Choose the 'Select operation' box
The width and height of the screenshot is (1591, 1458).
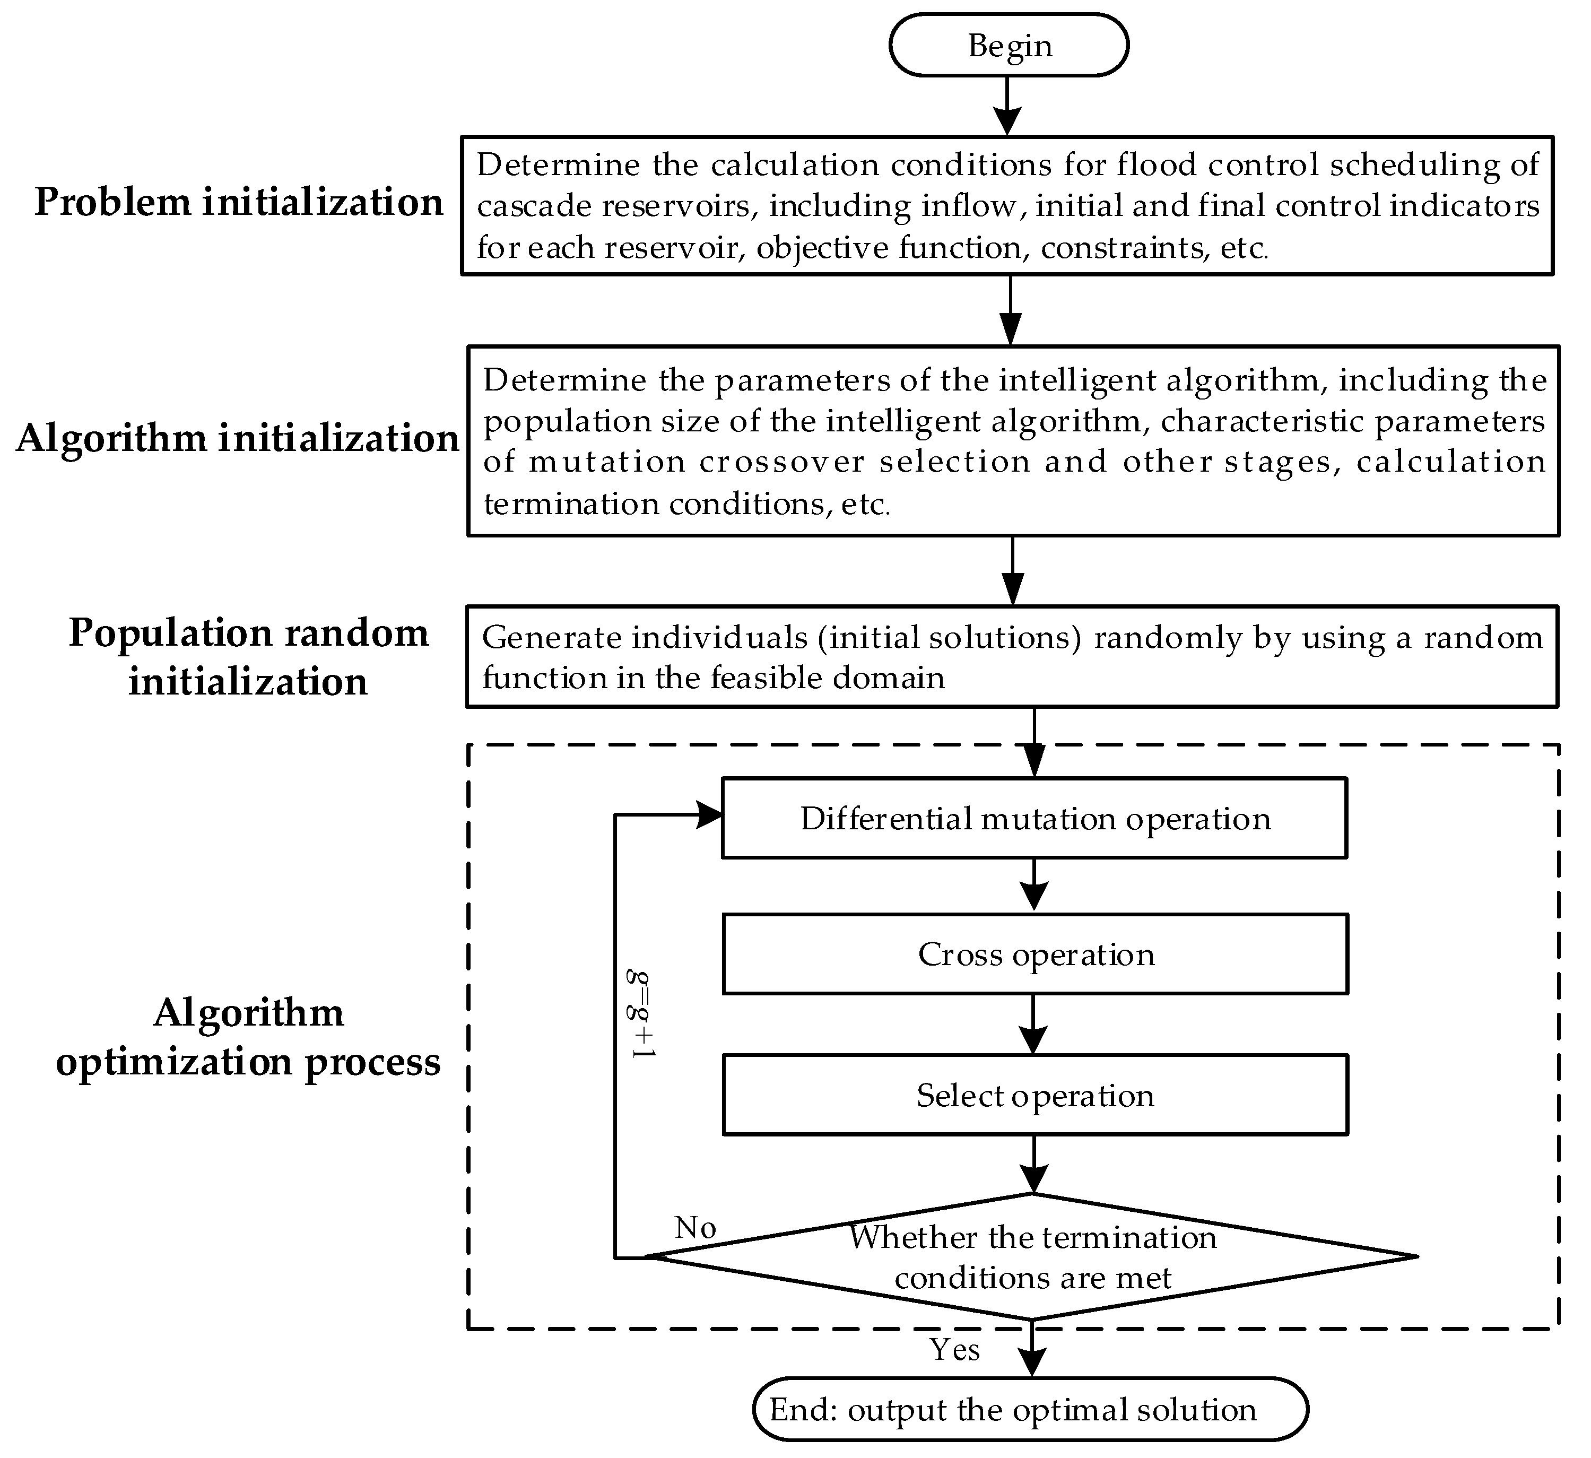pyautogui.click(x=1034, y=1096)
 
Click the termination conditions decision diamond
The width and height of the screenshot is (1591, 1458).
pyautogui.click(x=1032, y=1257)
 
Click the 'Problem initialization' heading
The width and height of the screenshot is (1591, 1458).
pyautogui.click(x=238, y=202)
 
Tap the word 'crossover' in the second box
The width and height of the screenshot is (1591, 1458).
pyautogui.click(x=782, y=462)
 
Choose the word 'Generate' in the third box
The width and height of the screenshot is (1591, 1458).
pyautogui.click(x=541, y=638)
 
